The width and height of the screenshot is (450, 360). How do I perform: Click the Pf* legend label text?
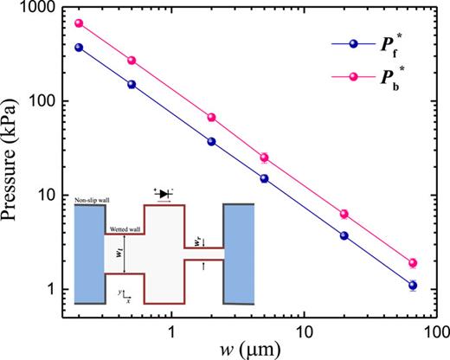click(x=390, y=43)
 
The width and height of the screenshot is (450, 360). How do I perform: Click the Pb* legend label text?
click(x=390, y=80)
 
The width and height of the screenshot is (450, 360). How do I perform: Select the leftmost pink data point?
click(x=79, y=23)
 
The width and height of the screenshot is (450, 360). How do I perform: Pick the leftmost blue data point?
click(x=79, y=48)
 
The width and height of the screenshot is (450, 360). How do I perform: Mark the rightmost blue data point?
click(x=413, y=286)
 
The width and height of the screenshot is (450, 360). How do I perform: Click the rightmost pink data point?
click(x=413, y=263)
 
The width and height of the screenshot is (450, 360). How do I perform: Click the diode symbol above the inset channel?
click(x=165, y=194)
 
